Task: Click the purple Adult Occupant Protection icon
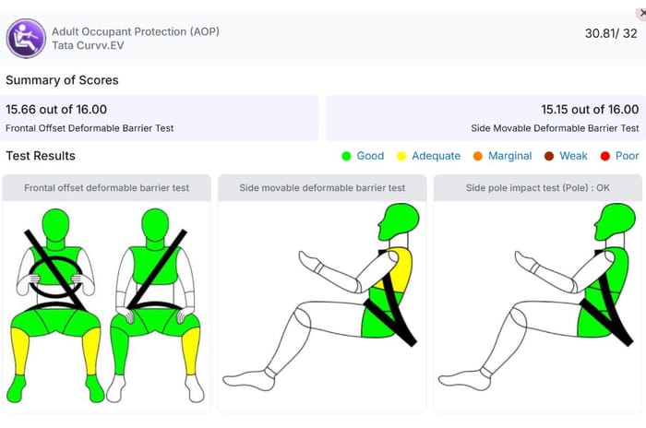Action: (26, 39)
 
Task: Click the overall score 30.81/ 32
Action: (611, 33)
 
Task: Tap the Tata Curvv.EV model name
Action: (88, 45)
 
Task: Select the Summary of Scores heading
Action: (62, 80)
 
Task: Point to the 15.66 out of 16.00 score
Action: (56, 109)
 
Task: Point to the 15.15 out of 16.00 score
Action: (590, 109)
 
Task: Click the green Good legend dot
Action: (346, 156)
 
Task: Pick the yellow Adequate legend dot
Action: (401, 156)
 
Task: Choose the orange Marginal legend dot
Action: (478, 156)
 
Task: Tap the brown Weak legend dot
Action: (549, 156)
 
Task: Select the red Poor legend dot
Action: (604, 156)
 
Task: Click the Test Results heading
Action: (41, 156)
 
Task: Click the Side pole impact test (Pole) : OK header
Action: (538, 188)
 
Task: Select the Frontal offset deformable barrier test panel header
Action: (107, 188)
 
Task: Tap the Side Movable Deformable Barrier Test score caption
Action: (555, 128)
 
